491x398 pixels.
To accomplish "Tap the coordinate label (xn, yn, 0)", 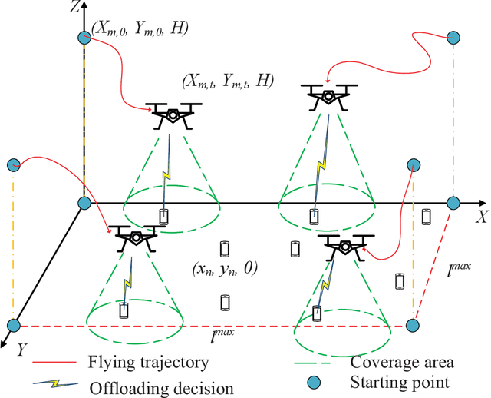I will pos(226,268).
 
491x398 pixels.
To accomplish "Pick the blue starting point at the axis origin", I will pos(84,203).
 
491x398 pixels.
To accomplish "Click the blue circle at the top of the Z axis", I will pos(84,38).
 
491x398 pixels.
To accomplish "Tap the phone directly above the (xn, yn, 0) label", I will pos(226,248).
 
